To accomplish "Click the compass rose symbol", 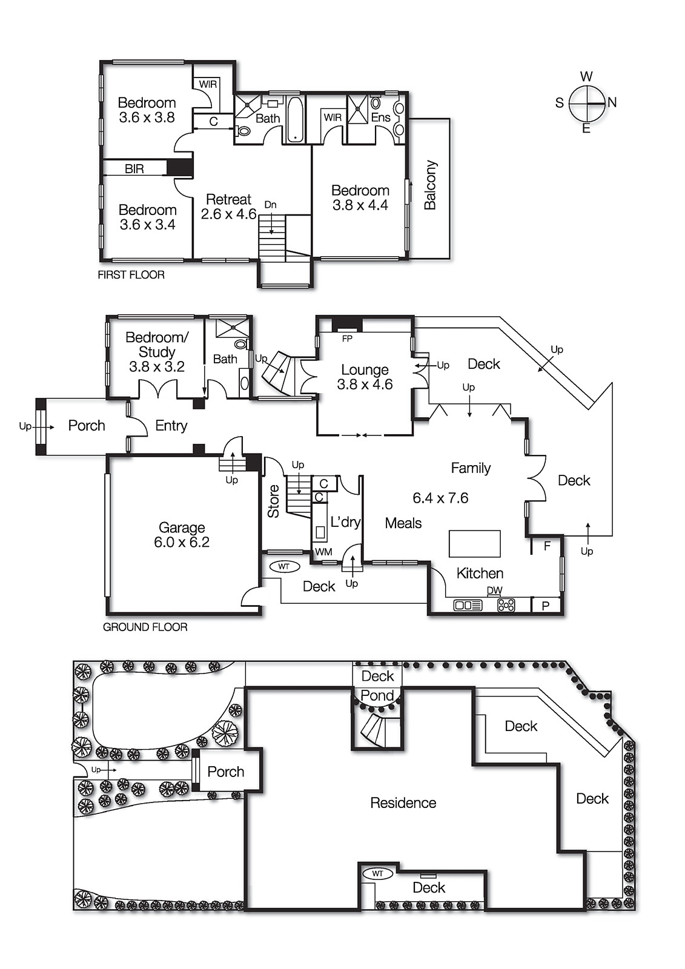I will tap(587, 103).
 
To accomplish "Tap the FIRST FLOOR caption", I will tap(131, 275).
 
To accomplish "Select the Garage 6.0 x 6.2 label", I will tap(182, 535).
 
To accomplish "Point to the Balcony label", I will tap(430, 185).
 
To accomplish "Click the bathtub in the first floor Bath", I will tap(295, 119).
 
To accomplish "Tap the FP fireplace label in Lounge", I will tap(347, 339).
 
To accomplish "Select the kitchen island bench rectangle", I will tap(474, 543).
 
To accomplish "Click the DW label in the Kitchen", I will tap(494, 590).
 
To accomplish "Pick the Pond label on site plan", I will tap(377, 696).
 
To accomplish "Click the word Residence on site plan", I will tap(403, 803).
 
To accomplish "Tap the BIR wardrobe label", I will tap(134, 169).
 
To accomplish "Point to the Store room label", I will tap(273, 501).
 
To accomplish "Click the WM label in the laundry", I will tap(323, 552).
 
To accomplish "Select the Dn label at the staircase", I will tap(270, 205).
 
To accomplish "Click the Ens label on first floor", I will tap(380, 117).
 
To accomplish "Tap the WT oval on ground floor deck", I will tap(284, 567).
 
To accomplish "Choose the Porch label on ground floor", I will tap(86, 426).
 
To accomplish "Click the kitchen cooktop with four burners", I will tap(506, 604).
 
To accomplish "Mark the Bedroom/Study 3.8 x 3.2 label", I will tap(157, 352).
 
